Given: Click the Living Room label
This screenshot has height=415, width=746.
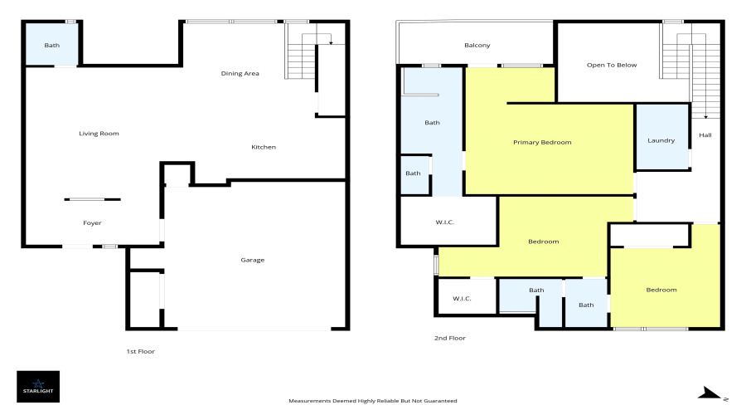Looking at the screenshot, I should click(x=99, y=134).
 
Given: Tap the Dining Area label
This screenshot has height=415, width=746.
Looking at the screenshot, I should click(x=240, y=74).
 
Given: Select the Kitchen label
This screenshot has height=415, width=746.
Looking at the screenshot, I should click(x=264, y=148).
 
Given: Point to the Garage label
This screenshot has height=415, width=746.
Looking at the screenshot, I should click(x=253, y=261).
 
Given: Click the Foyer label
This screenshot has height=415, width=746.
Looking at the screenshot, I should click(x=92, y=223).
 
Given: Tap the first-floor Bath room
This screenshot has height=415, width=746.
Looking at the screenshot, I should click(x=52, y=45).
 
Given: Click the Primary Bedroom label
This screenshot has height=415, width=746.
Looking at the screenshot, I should click(x=542, y=143).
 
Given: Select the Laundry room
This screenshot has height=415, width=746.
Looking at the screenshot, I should click(x=661, y=140).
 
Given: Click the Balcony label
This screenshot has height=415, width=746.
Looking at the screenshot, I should click(x=477, y=46).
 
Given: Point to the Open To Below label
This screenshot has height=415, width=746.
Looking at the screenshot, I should click(x=612, y=66).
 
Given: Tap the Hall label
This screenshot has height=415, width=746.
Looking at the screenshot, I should click(x=705, y=135).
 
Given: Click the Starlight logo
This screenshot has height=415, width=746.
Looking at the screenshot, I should click(x=38, y=386).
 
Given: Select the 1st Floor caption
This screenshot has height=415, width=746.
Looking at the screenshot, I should click(x=140, y=352).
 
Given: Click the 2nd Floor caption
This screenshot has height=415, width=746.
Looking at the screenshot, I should click(x=450, y=339).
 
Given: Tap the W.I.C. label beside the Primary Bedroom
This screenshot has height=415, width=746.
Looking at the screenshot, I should click(x=445, y=222).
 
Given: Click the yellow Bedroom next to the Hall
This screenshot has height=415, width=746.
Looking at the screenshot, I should click(x=661, y=290).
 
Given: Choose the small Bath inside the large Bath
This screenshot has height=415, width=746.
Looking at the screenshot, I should click(x=414, y=173).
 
